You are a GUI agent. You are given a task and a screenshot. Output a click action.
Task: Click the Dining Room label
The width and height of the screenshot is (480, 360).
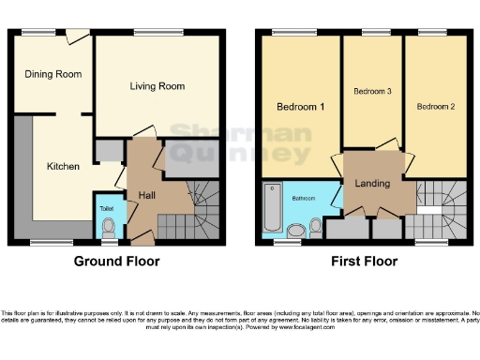(53, 74)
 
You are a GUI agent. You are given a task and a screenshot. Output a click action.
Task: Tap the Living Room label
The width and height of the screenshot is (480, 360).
(157, 86)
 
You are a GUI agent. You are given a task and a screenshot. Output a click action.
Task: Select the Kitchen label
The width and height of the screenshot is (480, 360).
(64, 166)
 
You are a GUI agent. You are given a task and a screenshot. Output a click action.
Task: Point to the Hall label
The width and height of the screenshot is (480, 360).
(147, 194)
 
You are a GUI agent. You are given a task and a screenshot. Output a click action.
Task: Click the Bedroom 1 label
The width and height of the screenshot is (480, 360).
(301, 107)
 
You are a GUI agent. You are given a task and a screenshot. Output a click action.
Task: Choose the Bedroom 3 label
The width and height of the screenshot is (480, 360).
(372, 92)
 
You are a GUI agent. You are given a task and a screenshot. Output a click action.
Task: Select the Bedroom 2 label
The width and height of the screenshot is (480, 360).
(436, 107)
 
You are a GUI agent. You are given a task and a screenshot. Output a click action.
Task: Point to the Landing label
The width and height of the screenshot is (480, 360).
(373, 183)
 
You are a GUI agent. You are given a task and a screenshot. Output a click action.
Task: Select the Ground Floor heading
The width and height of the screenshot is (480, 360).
(116, 262)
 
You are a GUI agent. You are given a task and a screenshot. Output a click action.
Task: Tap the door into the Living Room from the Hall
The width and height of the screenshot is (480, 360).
(142, 134)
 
